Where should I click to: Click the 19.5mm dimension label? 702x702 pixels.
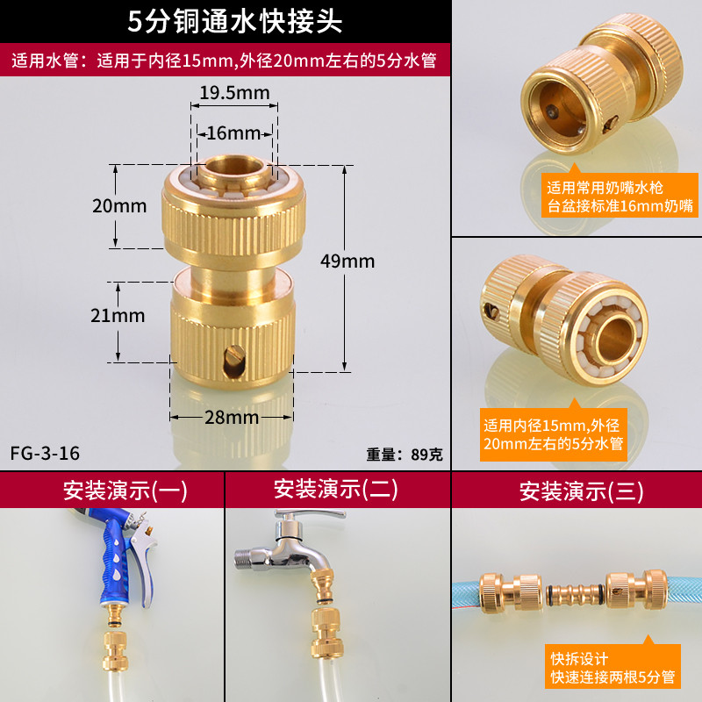click(234, 93)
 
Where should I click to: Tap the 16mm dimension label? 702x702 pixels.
click(233, 133)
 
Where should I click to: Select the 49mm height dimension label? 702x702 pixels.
click(347, 261)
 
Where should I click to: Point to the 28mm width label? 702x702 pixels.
click(232, 418)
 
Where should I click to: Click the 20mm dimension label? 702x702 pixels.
click(119, 206)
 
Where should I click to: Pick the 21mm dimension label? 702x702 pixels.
click(118, 316)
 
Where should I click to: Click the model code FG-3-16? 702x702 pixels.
click(45, 454)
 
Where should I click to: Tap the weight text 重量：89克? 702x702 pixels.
click(405, 455)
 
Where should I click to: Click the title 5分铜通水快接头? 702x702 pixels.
click(235, 21)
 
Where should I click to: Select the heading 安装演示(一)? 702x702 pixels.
click(125, 491)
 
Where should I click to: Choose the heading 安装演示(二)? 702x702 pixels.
click(336, 489)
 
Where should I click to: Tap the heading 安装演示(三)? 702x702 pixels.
click(581, 491)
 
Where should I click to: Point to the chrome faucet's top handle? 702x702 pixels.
click(309, 514)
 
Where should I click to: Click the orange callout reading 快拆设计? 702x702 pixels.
click(612, 666)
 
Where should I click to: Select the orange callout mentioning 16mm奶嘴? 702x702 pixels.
click(620, 195)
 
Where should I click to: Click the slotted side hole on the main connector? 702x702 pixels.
click(234, 361)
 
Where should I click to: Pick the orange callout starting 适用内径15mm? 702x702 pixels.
click(554, 433)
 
